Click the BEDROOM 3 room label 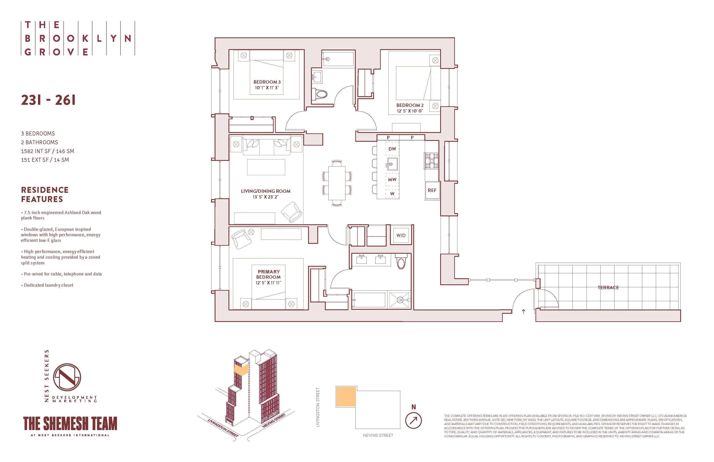(x=267, y=82)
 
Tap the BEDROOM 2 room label (x=410, y=105)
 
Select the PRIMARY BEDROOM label (x=269, y=274)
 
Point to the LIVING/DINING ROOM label (x=265, y=191)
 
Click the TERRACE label (x=608, y=287)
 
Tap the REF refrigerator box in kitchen (x=432, y=190)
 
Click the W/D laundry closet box (x=401, y=235)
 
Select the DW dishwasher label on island (x=392, y=149)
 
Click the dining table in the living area (x=337, y=183)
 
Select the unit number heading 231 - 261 (x=48, y=100)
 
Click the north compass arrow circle (x=413, y=421)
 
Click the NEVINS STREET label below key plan (x=378, y=435)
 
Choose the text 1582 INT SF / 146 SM (x=47, y=151)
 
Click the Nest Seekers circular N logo (x=67, y=377)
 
